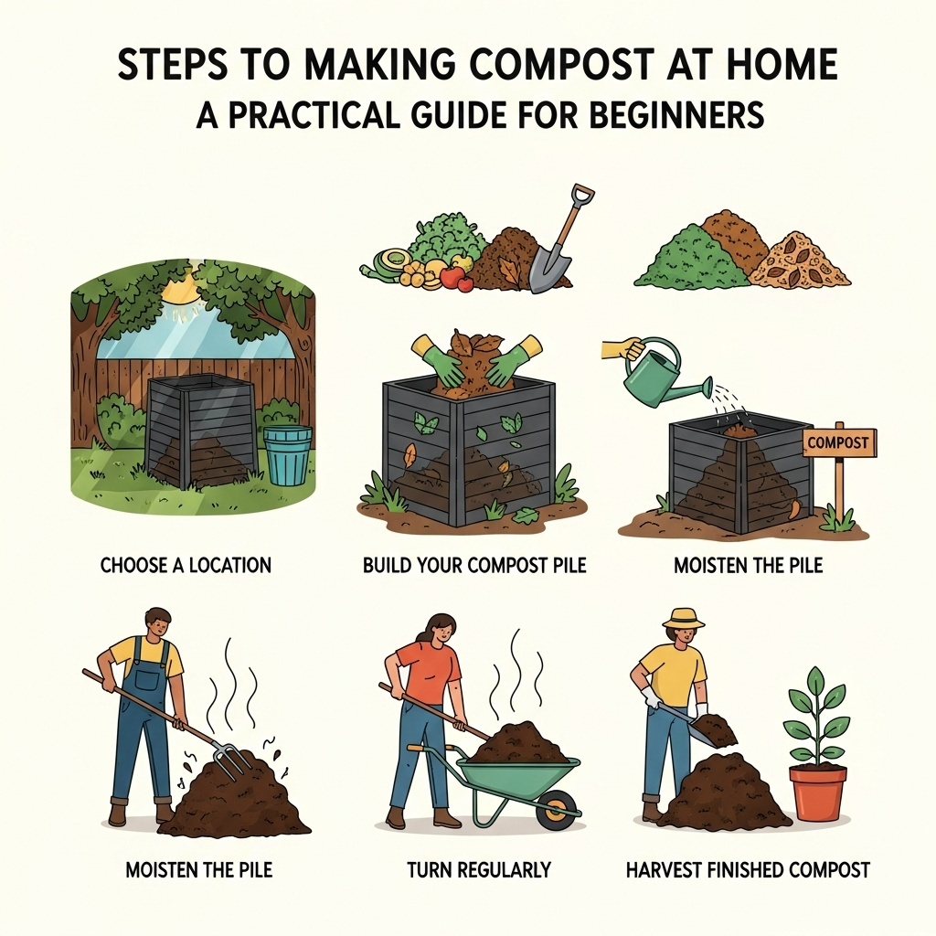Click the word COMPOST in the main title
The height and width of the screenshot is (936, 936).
[x=543, y=65]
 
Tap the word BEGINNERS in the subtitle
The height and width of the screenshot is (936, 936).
[x=677, y=115]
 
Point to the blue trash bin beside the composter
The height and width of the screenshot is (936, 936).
[x=287, y=454]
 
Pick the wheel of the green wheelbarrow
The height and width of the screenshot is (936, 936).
[x=557, y=811]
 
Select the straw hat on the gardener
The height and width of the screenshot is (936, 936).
[x=684, y=621]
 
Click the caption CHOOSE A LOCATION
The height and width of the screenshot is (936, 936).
[x=186, y=565]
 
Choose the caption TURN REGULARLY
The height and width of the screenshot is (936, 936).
[x=479, y=870]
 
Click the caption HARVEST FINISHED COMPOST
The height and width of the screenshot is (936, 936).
[x=748, y=870]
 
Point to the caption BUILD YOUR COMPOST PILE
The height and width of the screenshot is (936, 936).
[x=474, y=565]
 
